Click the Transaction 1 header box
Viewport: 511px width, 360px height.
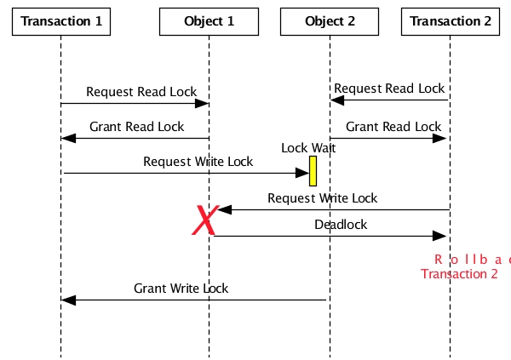pos(61,21)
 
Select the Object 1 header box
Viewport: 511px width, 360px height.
pos(209,21)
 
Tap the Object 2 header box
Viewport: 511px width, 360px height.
pos(330,21)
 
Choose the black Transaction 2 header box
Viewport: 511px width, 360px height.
pos(451,21)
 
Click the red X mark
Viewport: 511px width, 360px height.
pos(204,221)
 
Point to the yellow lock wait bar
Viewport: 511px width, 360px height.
pos(313,170)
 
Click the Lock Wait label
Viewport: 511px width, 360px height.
pos(308,148)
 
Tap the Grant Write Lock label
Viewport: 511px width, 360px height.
pos(181,289)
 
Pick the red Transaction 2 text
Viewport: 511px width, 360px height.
pos(459,273)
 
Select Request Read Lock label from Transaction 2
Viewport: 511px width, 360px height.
pos(388,89)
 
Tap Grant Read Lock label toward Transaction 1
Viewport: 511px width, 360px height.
pos(136,127)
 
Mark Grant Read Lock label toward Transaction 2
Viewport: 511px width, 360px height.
pos(393,127)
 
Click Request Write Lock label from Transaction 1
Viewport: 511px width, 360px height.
pos(198,162)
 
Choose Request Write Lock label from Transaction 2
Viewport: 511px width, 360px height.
pos(322,198)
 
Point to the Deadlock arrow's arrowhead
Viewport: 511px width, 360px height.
pos(441,236)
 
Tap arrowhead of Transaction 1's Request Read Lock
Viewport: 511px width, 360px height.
pos(202,104)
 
